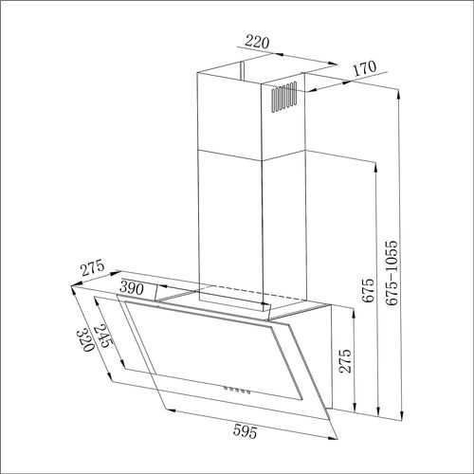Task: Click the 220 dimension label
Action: coord(257,42)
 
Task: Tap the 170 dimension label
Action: coord(365,68)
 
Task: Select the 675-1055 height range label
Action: coord(392,273)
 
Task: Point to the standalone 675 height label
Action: coord(368,290)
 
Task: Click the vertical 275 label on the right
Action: coord(345,361)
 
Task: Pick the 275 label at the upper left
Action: coord(92,267)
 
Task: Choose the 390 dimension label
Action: coord(132,288)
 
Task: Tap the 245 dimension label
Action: coord(102,336)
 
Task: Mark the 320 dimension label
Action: coord(85,340)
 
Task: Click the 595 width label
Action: coord(245,431)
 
